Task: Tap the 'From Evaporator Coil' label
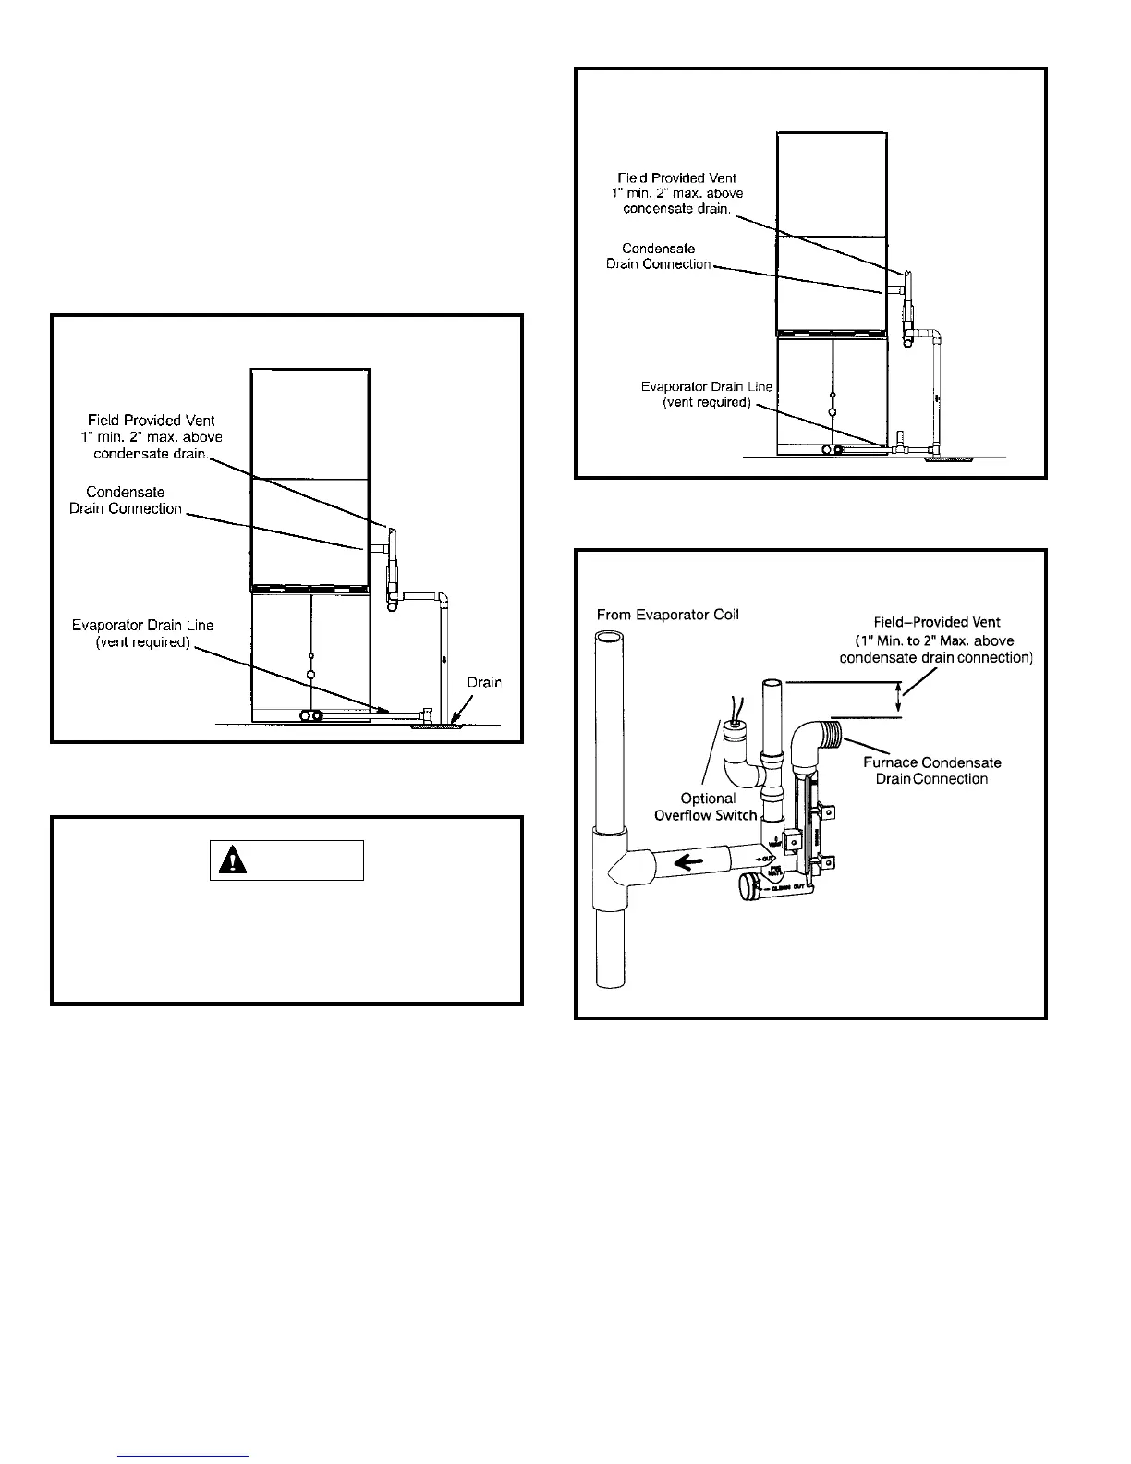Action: (668, 615)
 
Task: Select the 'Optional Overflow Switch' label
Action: (707, 807)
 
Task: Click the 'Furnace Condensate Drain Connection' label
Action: (931, 771)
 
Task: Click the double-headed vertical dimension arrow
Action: (898, 700)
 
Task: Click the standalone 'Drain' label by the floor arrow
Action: (483, 682)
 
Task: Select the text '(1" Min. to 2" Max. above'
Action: (934, 640)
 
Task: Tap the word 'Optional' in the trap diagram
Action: (708, 799)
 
